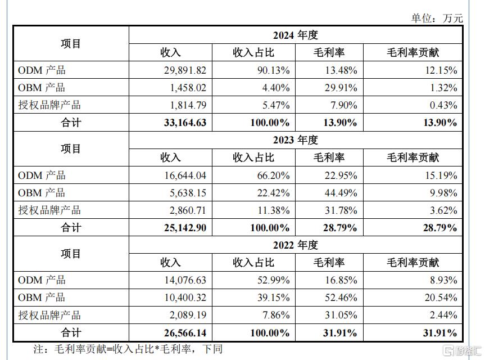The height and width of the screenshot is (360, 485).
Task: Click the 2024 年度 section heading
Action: [x=296, y=35]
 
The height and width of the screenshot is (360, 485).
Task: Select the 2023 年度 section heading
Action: [x=296, y=140]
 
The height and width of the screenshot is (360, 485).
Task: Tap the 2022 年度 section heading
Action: [x=296, y=245]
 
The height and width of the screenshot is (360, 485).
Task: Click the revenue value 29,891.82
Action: [x=185, y=70]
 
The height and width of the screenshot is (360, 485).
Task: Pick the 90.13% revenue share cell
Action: [x=274, y=70]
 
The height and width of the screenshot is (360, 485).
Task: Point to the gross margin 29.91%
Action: [x=341, y=88]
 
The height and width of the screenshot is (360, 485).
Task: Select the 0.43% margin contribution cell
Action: [x=443, y=105]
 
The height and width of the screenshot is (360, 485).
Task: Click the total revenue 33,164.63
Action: [x=185, y=123]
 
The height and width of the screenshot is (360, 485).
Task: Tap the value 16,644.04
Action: [x=185, y=175]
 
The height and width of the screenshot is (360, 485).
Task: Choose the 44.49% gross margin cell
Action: [x=341, y=193]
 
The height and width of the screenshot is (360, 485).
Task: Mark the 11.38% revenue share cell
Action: [x=274, y=210]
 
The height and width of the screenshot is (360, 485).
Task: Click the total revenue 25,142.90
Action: [x=185, y=228]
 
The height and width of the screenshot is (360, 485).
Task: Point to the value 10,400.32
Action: [x=185, y=298]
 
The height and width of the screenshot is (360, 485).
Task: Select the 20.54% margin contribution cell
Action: [x=441, y=298]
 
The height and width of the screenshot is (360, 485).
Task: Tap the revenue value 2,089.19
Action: [x=188, y=315]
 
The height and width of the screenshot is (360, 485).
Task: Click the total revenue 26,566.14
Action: [x=185, y=333]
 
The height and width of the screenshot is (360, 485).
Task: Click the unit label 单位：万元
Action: [x=437, y=18]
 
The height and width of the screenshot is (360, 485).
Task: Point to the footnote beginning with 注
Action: [x=128, y=349]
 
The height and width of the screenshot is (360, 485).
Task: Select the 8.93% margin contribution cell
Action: [x=443, y=280]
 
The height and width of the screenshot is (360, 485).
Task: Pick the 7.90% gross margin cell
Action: [x=343, y=105]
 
